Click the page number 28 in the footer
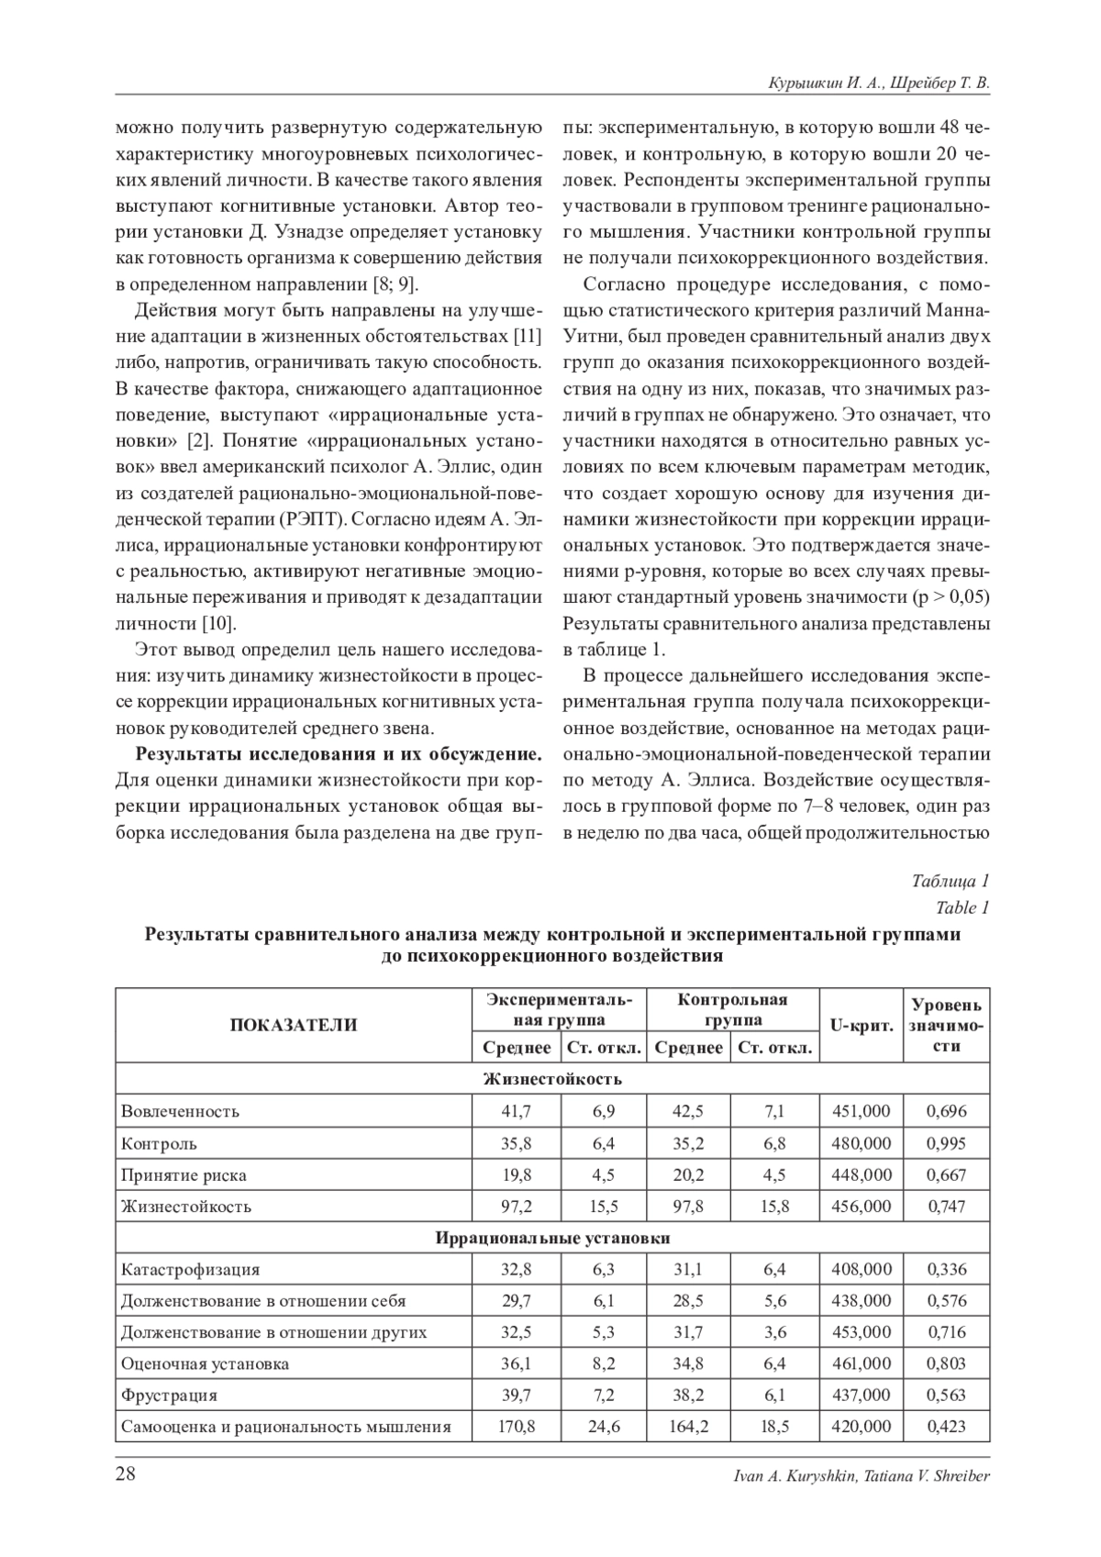[126, 1474]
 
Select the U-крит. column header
[862, 1025]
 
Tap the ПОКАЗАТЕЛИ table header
[294, 1025]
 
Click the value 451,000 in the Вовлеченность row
[862, 1111]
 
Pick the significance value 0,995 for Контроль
[946, 1143]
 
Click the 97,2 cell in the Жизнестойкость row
[517, 1207]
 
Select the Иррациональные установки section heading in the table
[552, 1238]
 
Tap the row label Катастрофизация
[190, 1270]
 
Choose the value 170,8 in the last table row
[517, 1427]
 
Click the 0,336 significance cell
[946, 1270]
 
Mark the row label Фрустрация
[169, 1396]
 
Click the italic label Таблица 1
[950, 882]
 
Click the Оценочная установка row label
[205, 1363]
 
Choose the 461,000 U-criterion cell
[862, 1363]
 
